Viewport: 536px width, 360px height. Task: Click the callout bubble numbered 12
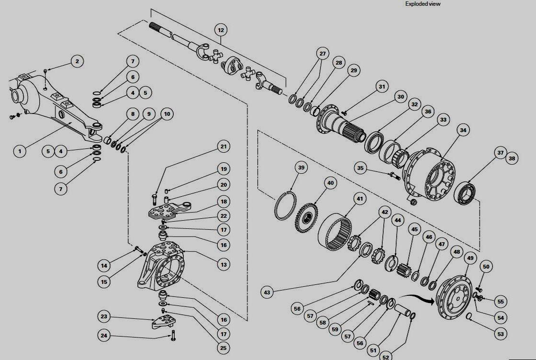tap(220, 30)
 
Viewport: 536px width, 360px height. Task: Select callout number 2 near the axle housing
tap(77, 61)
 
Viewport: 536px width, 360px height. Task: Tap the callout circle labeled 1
tap(20, 151)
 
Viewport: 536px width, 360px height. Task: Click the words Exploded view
tap(423, 4)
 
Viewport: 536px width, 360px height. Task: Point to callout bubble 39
tap(301, 168)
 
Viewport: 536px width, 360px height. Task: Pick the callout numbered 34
tap(463, 129)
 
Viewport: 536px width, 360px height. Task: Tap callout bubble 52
tap(385, 356)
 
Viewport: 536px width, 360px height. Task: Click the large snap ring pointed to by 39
tap(286, 206)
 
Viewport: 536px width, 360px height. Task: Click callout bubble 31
tap(381, 87)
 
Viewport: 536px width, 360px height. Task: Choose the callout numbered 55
tap(501, 302)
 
